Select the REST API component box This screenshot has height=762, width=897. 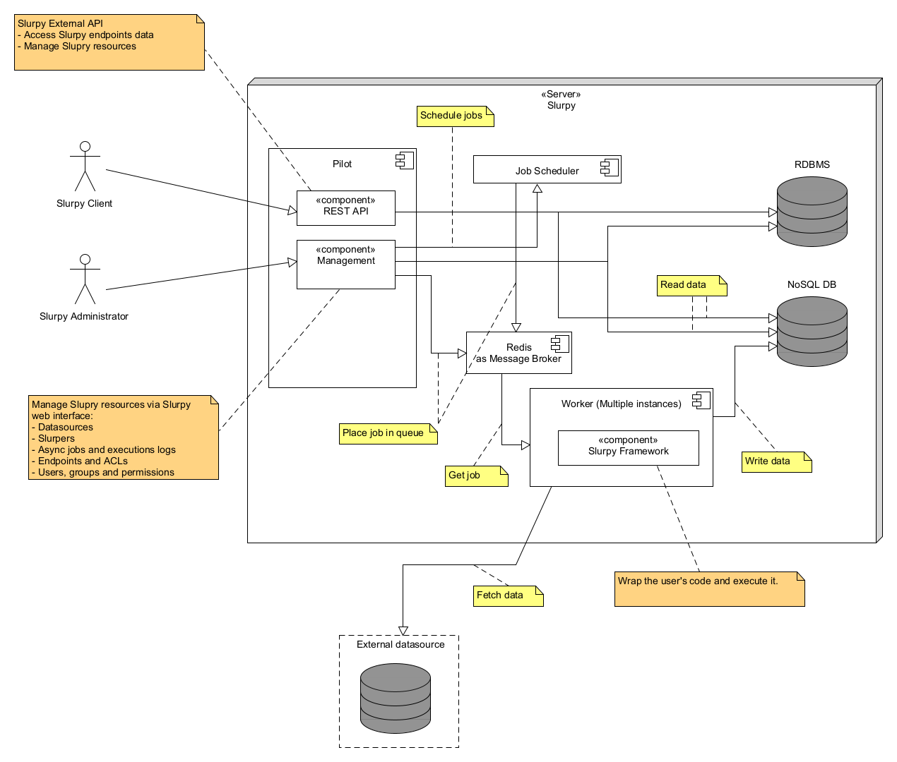point(345,208)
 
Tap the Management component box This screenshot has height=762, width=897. point(345,265)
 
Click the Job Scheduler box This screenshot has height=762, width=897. point(547,170)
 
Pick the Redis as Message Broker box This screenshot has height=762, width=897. point(518,353)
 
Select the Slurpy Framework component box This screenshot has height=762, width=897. point(628,448)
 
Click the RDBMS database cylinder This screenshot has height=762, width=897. point(812,212)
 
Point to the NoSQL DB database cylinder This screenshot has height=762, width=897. point(812,332)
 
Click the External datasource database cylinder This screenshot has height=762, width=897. point(395,698)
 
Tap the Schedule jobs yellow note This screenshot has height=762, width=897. point(455,116)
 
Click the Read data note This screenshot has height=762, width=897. point(691,285)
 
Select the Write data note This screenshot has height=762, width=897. point(776,461)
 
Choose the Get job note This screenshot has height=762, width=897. point(476,476)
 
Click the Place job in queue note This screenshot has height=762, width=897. point(388,433)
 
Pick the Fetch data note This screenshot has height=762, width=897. point(508,595)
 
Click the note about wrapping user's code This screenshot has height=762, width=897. point(709,588)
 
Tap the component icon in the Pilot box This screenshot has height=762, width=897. point(405,160)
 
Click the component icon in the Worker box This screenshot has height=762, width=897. point(701,400)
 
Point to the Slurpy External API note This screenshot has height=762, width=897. point(109,42)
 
